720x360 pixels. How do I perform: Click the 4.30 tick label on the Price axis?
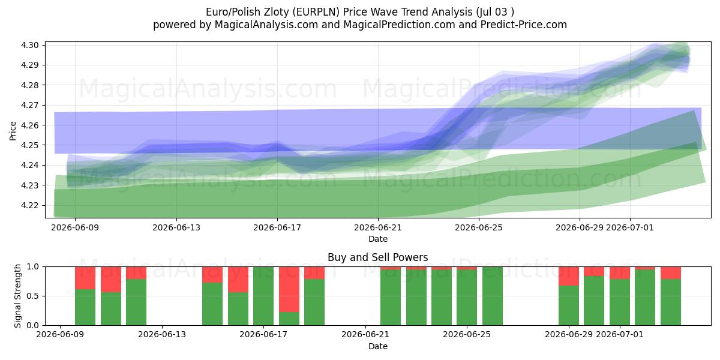(x=30, y=45)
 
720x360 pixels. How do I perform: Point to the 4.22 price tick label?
(x=30, y=205)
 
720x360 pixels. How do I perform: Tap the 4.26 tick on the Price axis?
(x=30, y=125)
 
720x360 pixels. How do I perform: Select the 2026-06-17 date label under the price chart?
(x=277, y=227)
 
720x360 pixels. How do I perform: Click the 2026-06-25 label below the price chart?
(x=479, y=227)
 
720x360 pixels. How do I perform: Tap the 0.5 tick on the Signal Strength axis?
(x=32, y=296)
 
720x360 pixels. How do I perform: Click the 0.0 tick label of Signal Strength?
(x=32, y=325)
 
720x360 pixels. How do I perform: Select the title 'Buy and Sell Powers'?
(x=377, y=257)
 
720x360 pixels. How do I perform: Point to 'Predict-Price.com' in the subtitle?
(x=524, y=25)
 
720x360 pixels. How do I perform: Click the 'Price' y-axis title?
(x=13, y=131)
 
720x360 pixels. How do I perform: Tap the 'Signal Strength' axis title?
(x=17, y=296)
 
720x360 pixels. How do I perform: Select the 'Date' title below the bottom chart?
(x=377, y=346)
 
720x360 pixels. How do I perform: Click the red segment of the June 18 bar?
(x=289, y=289)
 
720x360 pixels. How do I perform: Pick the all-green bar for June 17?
(x=263, y=296)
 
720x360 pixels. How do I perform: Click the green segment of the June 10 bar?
(x=85, y=307)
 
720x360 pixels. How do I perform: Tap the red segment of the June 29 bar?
(x=569, y=276)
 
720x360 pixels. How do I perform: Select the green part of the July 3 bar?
(x=671, y=302)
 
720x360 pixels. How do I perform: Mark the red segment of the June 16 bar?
(x=238, y=280)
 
